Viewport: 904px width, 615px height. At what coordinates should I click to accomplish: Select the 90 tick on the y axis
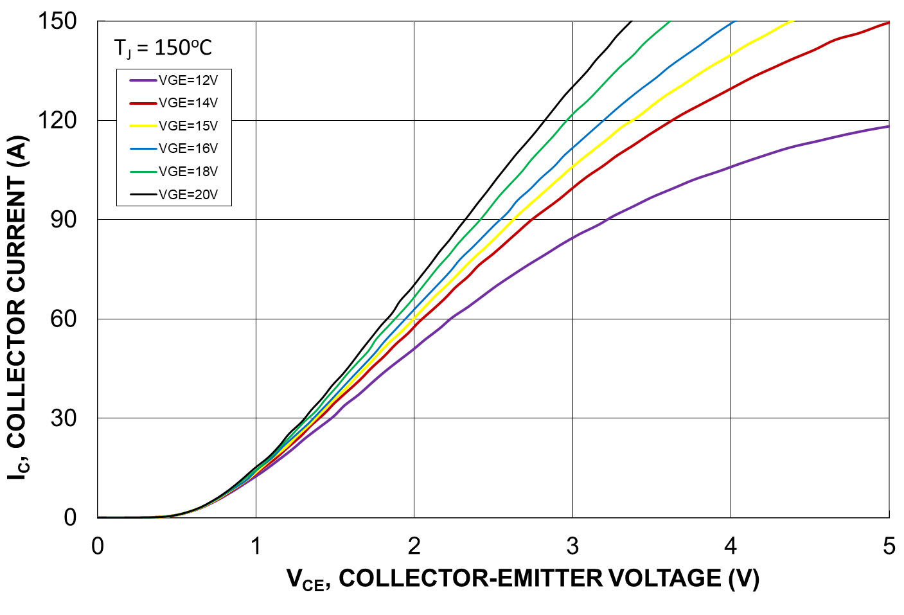click(x=63, y=220)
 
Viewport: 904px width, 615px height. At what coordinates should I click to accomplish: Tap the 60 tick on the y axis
click(x=63, y=319)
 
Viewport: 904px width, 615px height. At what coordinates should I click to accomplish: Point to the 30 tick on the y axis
click(x=63, y=418)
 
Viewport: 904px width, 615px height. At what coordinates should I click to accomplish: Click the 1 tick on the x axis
click(x=256, y=546)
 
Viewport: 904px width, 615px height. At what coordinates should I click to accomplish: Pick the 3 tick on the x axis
click(x=572, y=546)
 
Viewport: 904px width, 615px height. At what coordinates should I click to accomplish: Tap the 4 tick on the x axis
click(x=731, y=546)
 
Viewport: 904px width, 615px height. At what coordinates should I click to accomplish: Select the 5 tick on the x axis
click(x=889, y=546)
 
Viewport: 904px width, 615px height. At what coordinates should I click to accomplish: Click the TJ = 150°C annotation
click(x=163, y=48)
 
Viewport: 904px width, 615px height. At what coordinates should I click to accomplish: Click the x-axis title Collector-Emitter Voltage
click(x=523, y=578)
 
